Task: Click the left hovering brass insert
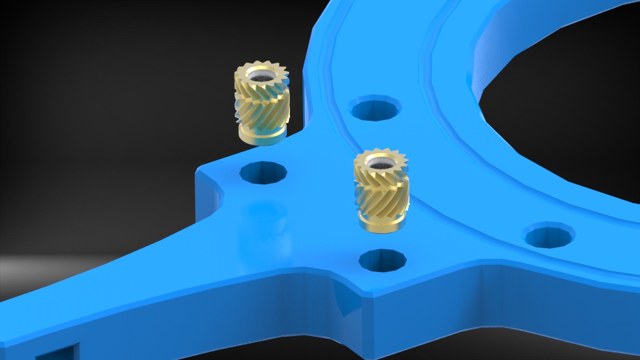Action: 261,104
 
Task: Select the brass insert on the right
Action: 382,191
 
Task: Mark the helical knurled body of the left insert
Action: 261,106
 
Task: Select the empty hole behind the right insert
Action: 376,109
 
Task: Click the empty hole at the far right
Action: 549,236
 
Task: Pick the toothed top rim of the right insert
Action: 381,155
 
